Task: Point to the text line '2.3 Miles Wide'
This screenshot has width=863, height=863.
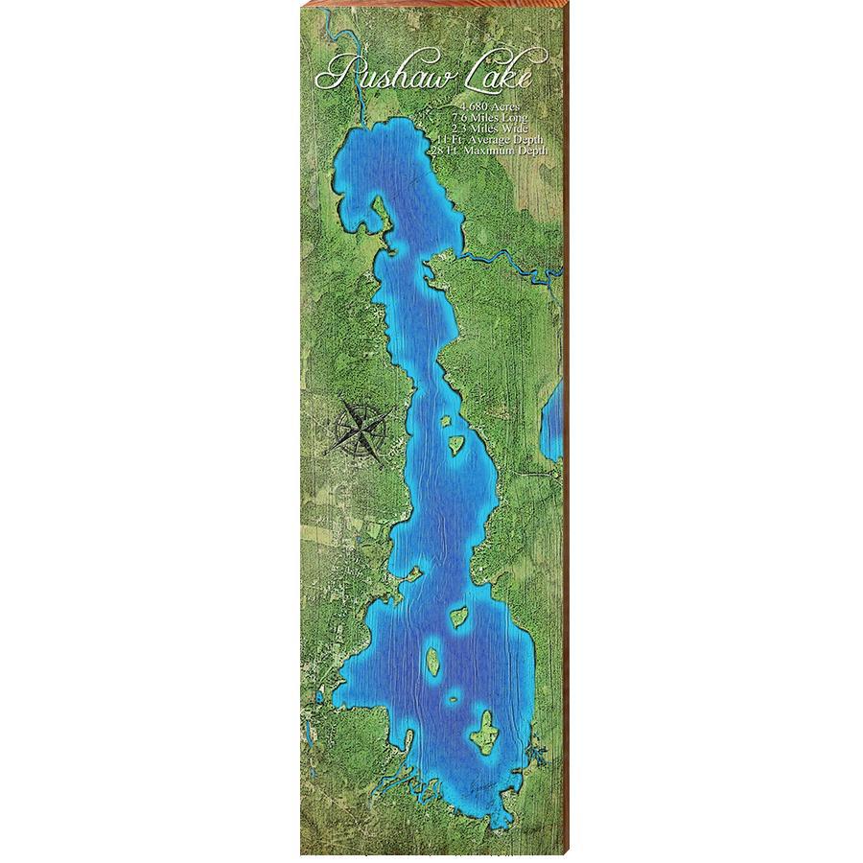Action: click(x=490, y=128)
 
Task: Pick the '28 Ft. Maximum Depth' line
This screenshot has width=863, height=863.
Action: click(x=490, y=151)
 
